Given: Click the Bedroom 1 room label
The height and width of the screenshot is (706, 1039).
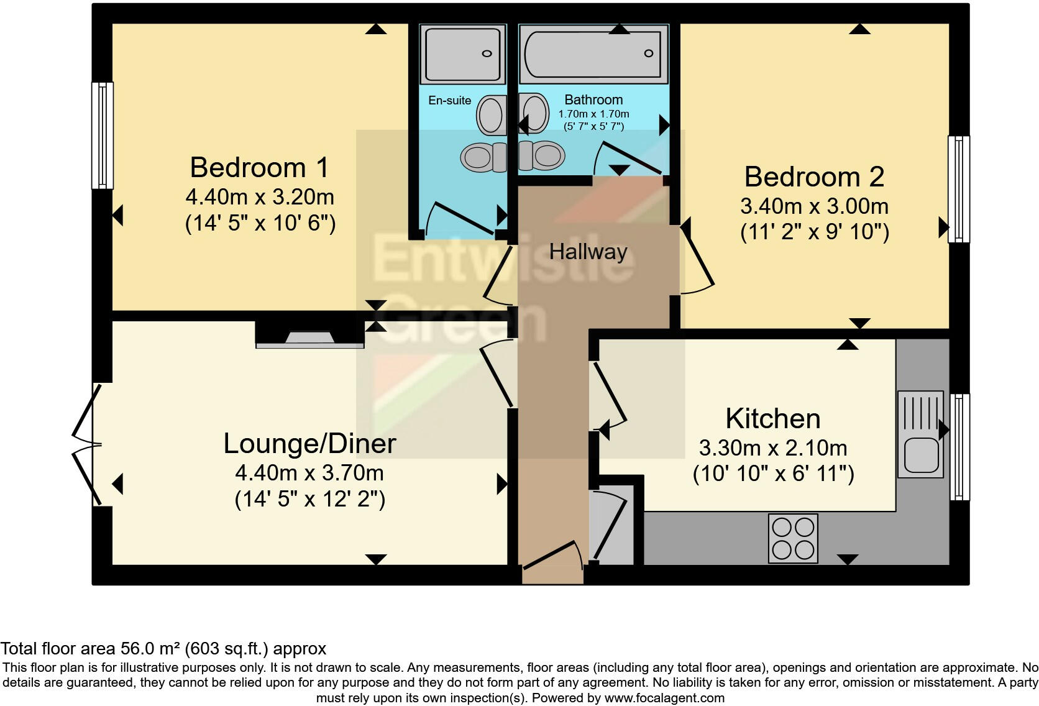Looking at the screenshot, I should point(259,168).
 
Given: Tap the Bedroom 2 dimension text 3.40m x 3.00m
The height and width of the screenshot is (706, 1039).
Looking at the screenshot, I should point(814,206).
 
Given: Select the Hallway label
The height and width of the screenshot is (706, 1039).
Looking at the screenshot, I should point(588,252).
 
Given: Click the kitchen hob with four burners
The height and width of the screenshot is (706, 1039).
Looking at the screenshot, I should point(793,538).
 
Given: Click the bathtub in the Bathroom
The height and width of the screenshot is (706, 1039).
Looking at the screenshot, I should point(593,54).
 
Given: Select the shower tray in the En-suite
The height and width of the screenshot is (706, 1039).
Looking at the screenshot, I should point(461,54).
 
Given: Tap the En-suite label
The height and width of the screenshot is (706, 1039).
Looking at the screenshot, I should point(449,101).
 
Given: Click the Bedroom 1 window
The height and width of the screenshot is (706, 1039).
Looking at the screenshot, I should point(103,135).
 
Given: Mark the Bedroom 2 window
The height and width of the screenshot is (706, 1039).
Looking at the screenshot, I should point(958,189).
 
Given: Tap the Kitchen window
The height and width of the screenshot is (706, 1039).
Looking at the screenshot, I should point(959,446).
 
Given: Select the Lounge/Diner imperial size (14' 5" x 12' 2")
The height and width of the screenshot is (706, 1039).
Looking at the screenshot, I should point(309,500).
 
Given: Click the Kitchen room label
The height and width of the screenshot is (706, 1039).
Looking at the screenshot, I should point(772,419).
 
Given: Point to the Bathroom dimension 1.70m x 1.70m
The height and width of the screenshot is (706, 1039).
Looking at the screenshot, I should point(593,114).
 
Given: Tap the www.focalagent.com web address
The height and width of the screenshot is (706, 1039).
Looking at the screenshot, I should point(664,698).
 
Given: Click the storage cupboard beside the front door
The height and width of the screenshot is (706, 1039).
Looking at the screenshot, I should point(611,526).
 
